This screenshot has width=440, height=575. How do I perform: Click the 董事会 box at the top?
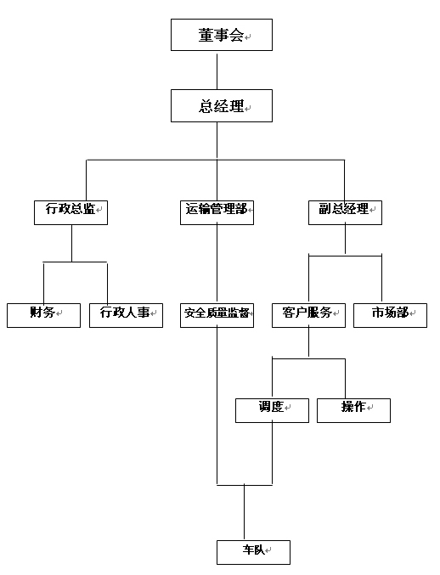point(222,35)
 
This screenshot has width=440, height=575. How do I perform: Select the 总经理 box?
point(222,105)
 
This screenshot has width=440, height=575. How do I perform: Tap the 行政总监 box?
point(71,212)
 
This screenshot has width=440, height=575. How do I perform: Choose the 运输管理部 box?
point(217,212)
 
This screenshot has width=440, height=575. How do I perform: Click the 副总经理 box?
point(345,212)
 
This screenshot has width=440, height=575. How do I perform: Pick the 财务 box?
point(43,315)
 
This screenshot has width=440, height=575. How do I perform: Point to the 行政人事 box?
point(126,315)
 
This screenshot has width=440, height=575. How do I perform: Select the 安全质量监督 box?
point(217,315)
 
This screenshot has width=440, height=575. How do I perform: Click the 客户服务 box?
point(308,315)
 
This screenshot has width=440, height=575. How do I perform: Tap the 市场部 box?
point(390,315)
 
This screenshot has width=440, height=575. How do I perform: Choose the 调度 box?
point(272,411)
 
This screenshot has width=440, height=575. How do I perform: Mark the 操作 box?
point(353,411)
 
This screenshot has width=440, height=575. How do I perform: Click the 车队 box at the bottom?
point(253,552)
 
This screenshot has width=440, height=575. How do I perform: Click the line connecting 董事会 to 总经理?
point(217,71)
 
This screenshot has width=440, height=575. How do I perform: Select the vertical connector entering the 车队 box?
point(244,512)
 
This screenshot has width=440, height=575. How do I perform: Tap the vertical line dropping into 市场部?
point(381,278)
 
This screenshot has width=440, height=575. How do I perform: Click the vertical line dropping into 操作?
point(345,379)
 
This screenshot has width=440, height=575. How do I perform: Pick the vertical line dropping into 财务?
point(43,283)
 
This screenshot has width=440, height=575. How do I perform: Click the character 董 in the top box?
point(206,35)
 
